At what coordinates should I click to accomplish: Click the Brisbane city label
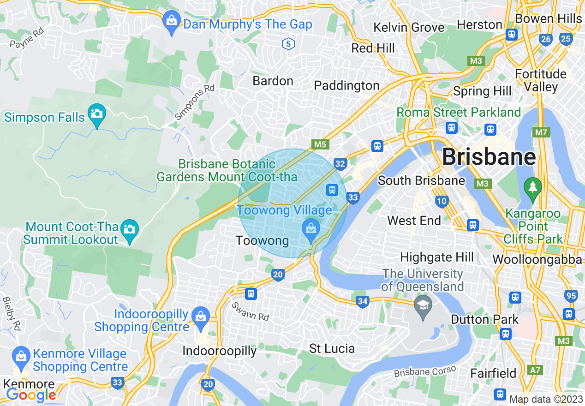click(x=489, y=157)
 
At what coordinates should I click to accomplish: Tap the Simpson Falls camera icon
click(x=97, y=113)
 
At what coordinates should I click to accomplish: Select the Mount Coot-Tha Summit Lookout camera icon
click(x=130, y=229)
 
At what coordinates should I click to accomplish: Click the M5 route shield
click(x=320, y=144)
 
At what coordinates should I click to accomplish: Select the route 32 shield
click(x=340, y=164)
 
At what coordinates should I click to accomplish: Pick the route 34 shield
click(x=363, y=302)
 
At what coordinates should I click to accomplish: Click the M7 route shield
click(x=541, y=133)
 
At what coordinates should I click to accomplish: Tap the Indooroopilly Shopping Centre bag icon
click(x=201, y=317)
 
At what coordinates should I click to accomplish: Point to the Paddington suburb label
click(x=346, y=85)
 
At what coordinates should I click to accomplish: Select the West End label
click(x=414, y=221)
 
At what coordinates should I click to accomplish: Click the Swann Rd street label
click(x=250, y=311)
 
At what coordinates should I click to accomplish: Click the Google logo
click(x=31, y=395)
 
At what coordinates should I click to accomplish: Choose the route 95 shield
click(x=571, y=296)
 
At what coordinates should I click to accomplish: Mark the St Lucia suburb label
click(x=332, y=348)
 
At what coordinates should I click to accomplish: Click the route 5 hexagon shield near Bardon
click(x=288, y=44)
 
